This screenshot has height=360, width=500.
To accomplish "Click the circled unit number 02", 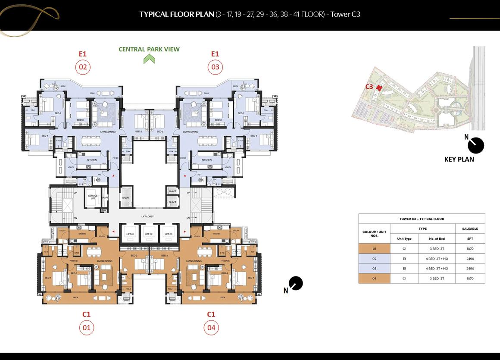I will click(83, 67).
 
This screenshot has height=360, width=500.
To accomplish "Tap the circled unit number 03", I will click(215, 67).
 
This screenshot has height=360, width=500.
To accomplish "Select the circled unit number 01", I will click(87, 328).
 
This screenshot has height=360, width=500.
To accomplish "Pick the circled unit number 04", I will click(211, 328).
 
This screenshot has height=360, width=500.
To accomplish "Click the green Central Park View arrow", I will click(149, 59).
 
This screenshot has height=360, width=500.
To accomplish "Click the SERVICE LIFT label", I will click(93, 197).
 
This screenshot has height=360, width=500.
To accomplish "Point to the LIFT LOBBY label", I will click(147, 216).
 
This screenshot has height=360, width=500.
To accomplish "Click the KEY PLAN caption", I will click(459, 159).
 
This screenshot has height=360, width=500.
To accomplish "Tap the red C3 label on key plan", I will click(369, 87).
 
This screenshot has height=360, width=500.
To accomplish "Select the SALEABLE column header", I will click(470, 229).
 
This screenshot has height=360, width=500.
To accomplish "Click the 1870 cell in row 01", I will click(470, 249).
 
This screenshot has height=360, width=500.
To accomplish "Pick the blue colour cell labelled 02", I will click(374, 259).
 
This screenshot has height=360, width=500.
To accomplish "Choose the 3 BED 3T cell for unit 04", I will click(437, 279).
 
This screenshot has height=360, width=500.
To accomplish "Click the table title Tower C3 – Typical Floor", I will click(421, 219).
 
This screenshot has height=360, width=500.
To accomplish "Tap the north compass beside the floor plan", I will click(296, 284).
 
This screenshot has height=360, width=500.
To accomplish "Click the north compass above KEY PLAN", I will click(475, 145).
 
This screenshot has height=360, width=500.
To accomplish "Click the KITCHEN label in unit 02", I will click(92, 160).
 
